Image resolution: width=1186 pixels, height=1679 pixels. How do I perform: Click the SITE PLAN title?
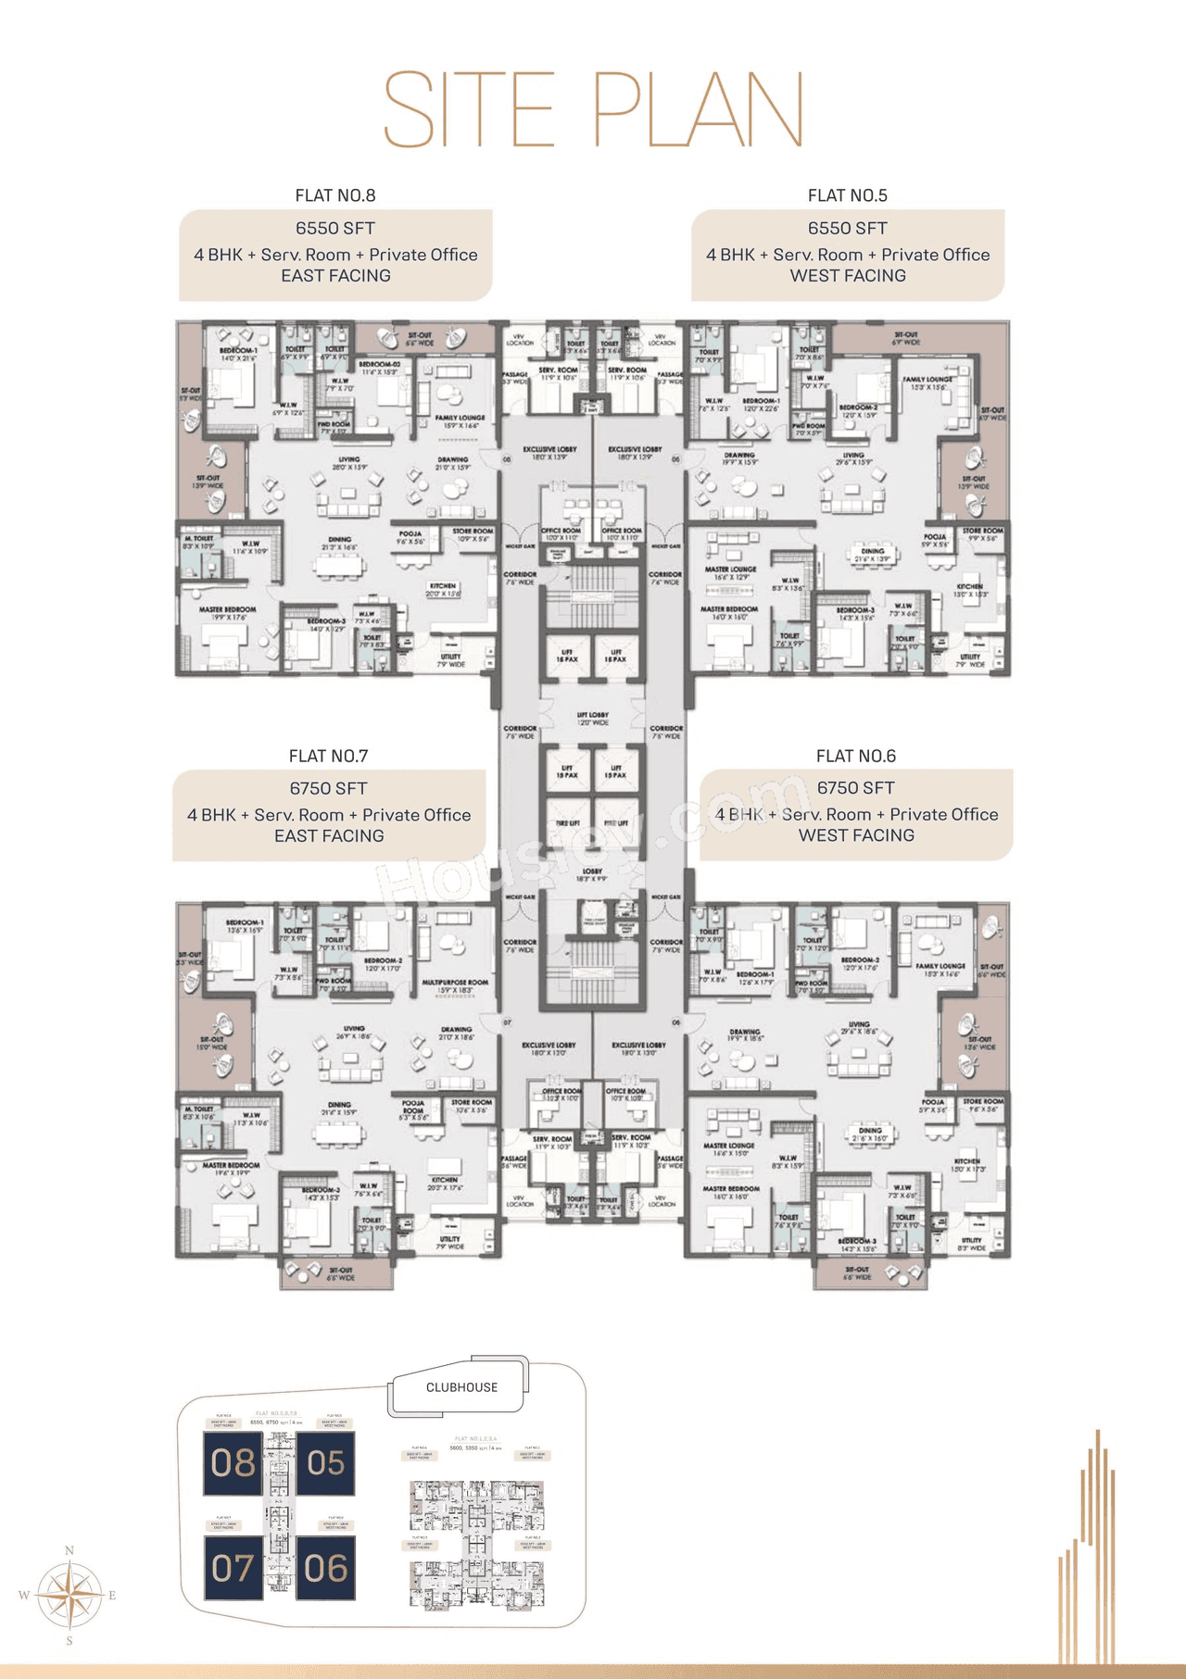tap(593, 109)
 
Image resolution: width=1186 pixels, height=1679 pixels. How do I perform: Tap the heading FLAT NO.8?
tap(335, 195)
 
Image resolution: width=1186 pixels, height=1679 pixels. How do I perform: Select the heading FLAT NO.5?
tap(847, 195)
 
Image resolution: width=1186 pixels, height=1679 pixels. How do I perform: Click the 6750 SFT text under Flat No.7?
tap(328, 788)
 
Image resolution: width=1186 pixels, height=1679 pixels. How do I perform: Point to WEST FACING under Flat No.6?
tap(856, 835)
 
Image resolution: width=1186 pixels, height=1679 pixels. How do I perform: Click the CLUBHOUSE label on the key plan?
tap(461, 1387)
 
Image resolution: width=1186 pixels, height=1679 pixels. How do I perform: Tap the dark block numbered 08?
tap(233, 1463)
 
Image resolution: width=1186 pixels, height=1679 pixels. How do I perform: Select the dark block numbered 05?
tap(325, 1463)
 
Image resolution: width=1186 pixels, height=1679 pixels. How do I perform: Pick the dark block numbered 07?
tap(233, 1568)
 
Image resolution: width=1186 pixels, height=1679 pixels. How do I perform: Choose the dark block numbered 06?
tap(325, 1568)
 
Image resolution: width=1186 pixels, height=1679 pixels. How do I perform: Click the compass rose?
tap(69, 1595)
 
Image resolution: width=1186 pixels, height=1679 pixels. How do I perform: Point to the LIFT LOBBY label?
tap(593, 715)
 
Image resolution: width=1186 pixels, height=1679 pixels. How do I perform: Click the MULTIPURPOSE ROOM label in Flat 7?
tap(455, 983)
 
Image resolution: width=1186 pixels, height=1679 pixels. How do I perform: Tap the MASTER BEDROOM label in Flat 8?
tap(222, 609)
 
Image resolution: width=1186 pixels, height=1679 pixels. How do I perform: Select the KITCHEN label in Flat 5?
tap(970, 586)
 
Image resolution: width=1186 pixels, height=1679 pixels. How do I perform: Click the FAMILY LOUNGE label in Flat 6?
tap(940, 966)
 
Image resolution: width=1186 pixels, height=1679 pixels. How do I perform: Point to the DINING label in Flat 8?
tap(339, 539)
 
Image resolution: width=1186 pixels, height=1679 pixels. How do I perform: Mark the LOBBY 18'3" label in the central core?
tap(592, 871)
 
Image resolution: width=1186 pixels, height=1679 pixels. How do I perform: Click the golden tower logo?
tap(1089, 1556)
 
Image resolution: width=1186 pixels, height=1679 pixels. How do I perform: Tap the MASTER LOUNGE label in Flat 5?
tap(730, 570)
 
